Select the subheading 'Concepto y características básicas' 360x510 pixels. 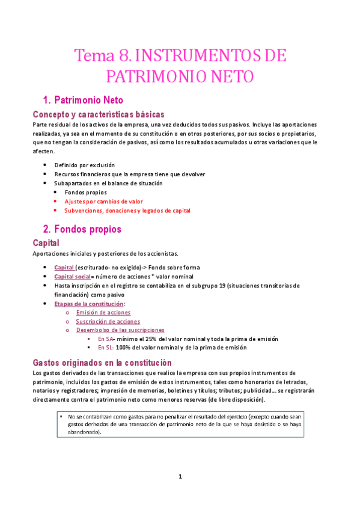[x=99, y=114]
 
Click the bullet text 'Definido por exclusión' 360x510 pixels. [x=85, y=165]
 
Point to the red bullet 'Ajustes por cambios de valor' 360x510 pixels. [x=103, y=201]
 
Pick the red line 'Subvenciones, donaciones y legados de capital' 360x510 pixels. [x=127, y=210]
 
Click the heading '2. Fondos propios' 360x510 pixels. [x=82, y=229]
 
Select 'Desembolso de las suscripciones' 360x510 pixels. [x=120, y=330]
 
